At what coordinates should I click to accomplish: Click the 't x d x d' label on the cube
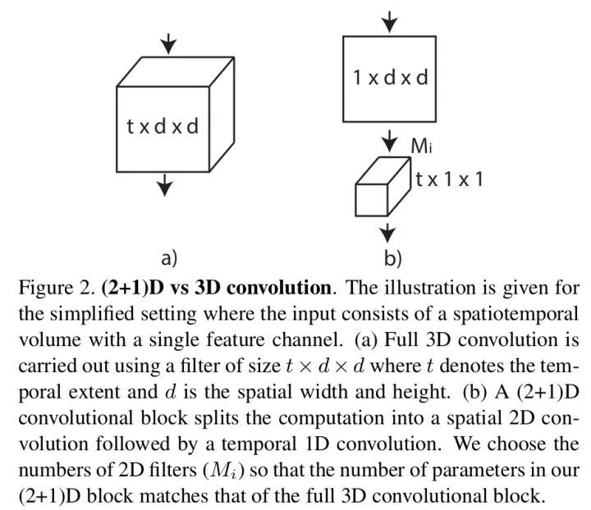pyautogui.click(x=163, y=126)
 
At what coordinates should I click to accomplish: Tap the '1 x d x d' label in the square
pyautogui.click(x=390, y=79)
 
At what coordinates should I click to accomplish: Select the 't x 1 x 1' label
pyautogui.click(x=448, y=179)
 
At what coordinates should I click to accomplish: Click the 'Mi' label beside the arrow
pyautogui.click(x=421, y=148)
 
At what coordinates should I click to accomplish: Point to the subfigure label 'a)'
pyautogui.click(x=169, y=257)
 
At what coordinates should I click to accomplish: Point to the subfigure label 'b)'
pyautogui.click(x=392, y=259)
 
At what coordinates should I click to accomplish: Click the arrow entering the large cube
pyautogui.click(x=168, y=43)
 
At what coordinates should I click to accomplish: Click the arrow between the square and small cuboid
pyautogui.click(x=391, y=138)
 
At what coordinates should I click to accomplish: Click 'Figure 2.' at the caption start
pyautogui.click(x=54, y=289)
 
